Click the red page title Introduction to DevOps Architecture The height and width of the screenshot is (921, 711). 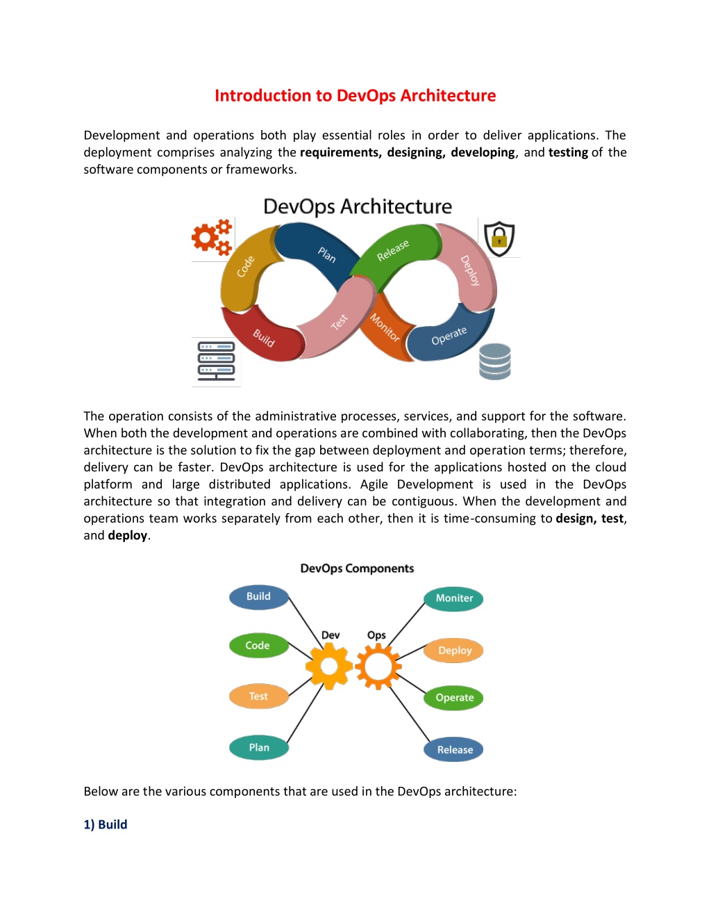point(355,96)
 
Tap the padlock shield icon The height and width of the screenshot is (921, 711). point(499,238)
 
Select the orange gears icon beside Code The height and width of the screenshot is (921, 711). point(212,237)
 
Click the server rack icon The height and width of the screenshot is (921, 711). point(216,361)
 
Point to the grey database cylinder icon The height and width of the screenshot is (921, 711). point(495,361)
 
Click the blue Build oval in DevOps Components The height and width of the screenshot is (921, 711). point(258,597)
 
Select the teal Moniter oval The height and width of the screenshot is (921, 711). point(453,598)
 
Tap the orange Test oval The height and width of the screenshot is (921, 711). point(258,696)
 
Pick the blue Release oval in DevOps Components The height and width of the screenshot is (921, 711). point(453,749)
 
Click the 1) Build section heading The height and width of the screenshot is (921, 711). point(106,824)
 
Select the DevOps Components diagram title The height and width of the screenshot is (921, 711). point(357,569)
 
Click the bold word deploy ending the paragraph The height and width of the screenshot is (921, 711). point(127,536)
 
